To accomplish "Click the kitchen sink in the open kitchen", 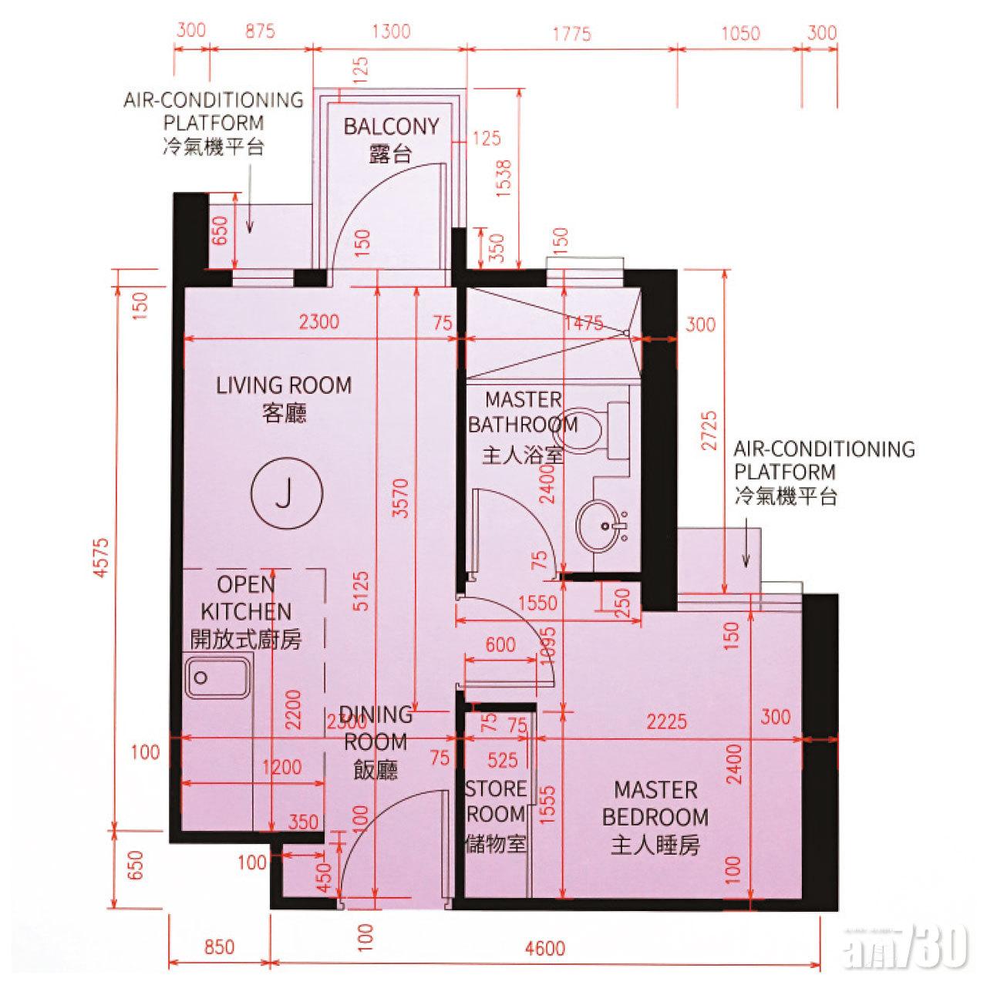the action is tap(217, 677).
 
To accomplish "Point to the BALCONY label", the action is tap(391, 126).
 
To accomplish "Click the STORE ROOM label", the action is tap(495, 802).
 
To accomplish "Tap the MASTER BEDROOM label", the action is tap(655, 803).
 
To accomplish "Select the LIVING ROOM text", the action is tap(284, 385).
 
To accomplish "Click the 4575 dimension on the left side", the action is tap(102, 558).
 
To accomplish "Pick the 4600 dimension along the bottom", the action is tap(545, 949).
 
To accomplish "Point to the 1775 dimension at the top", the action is tap(571, 35).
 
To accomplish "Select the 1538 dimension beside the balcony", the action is tap(504, 179).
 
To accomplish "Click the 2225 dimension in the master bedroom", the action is tap(666, 722).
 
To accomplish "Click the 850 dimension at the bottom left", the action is tap(219, 947).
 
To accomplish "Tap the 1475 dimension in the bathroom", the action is tap(584, 323).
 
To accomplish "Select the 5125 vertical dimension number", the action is tap(361, 590).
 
